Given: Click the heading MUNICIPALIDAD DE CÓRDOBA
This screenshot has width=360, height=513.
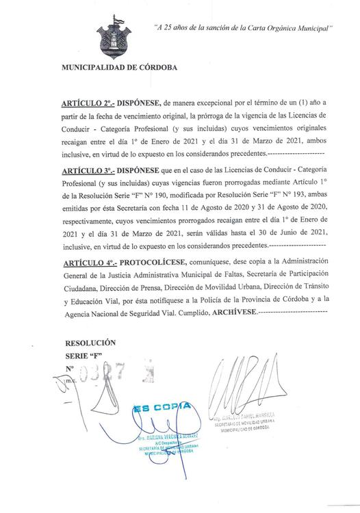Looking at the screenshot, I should (119, 69).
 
